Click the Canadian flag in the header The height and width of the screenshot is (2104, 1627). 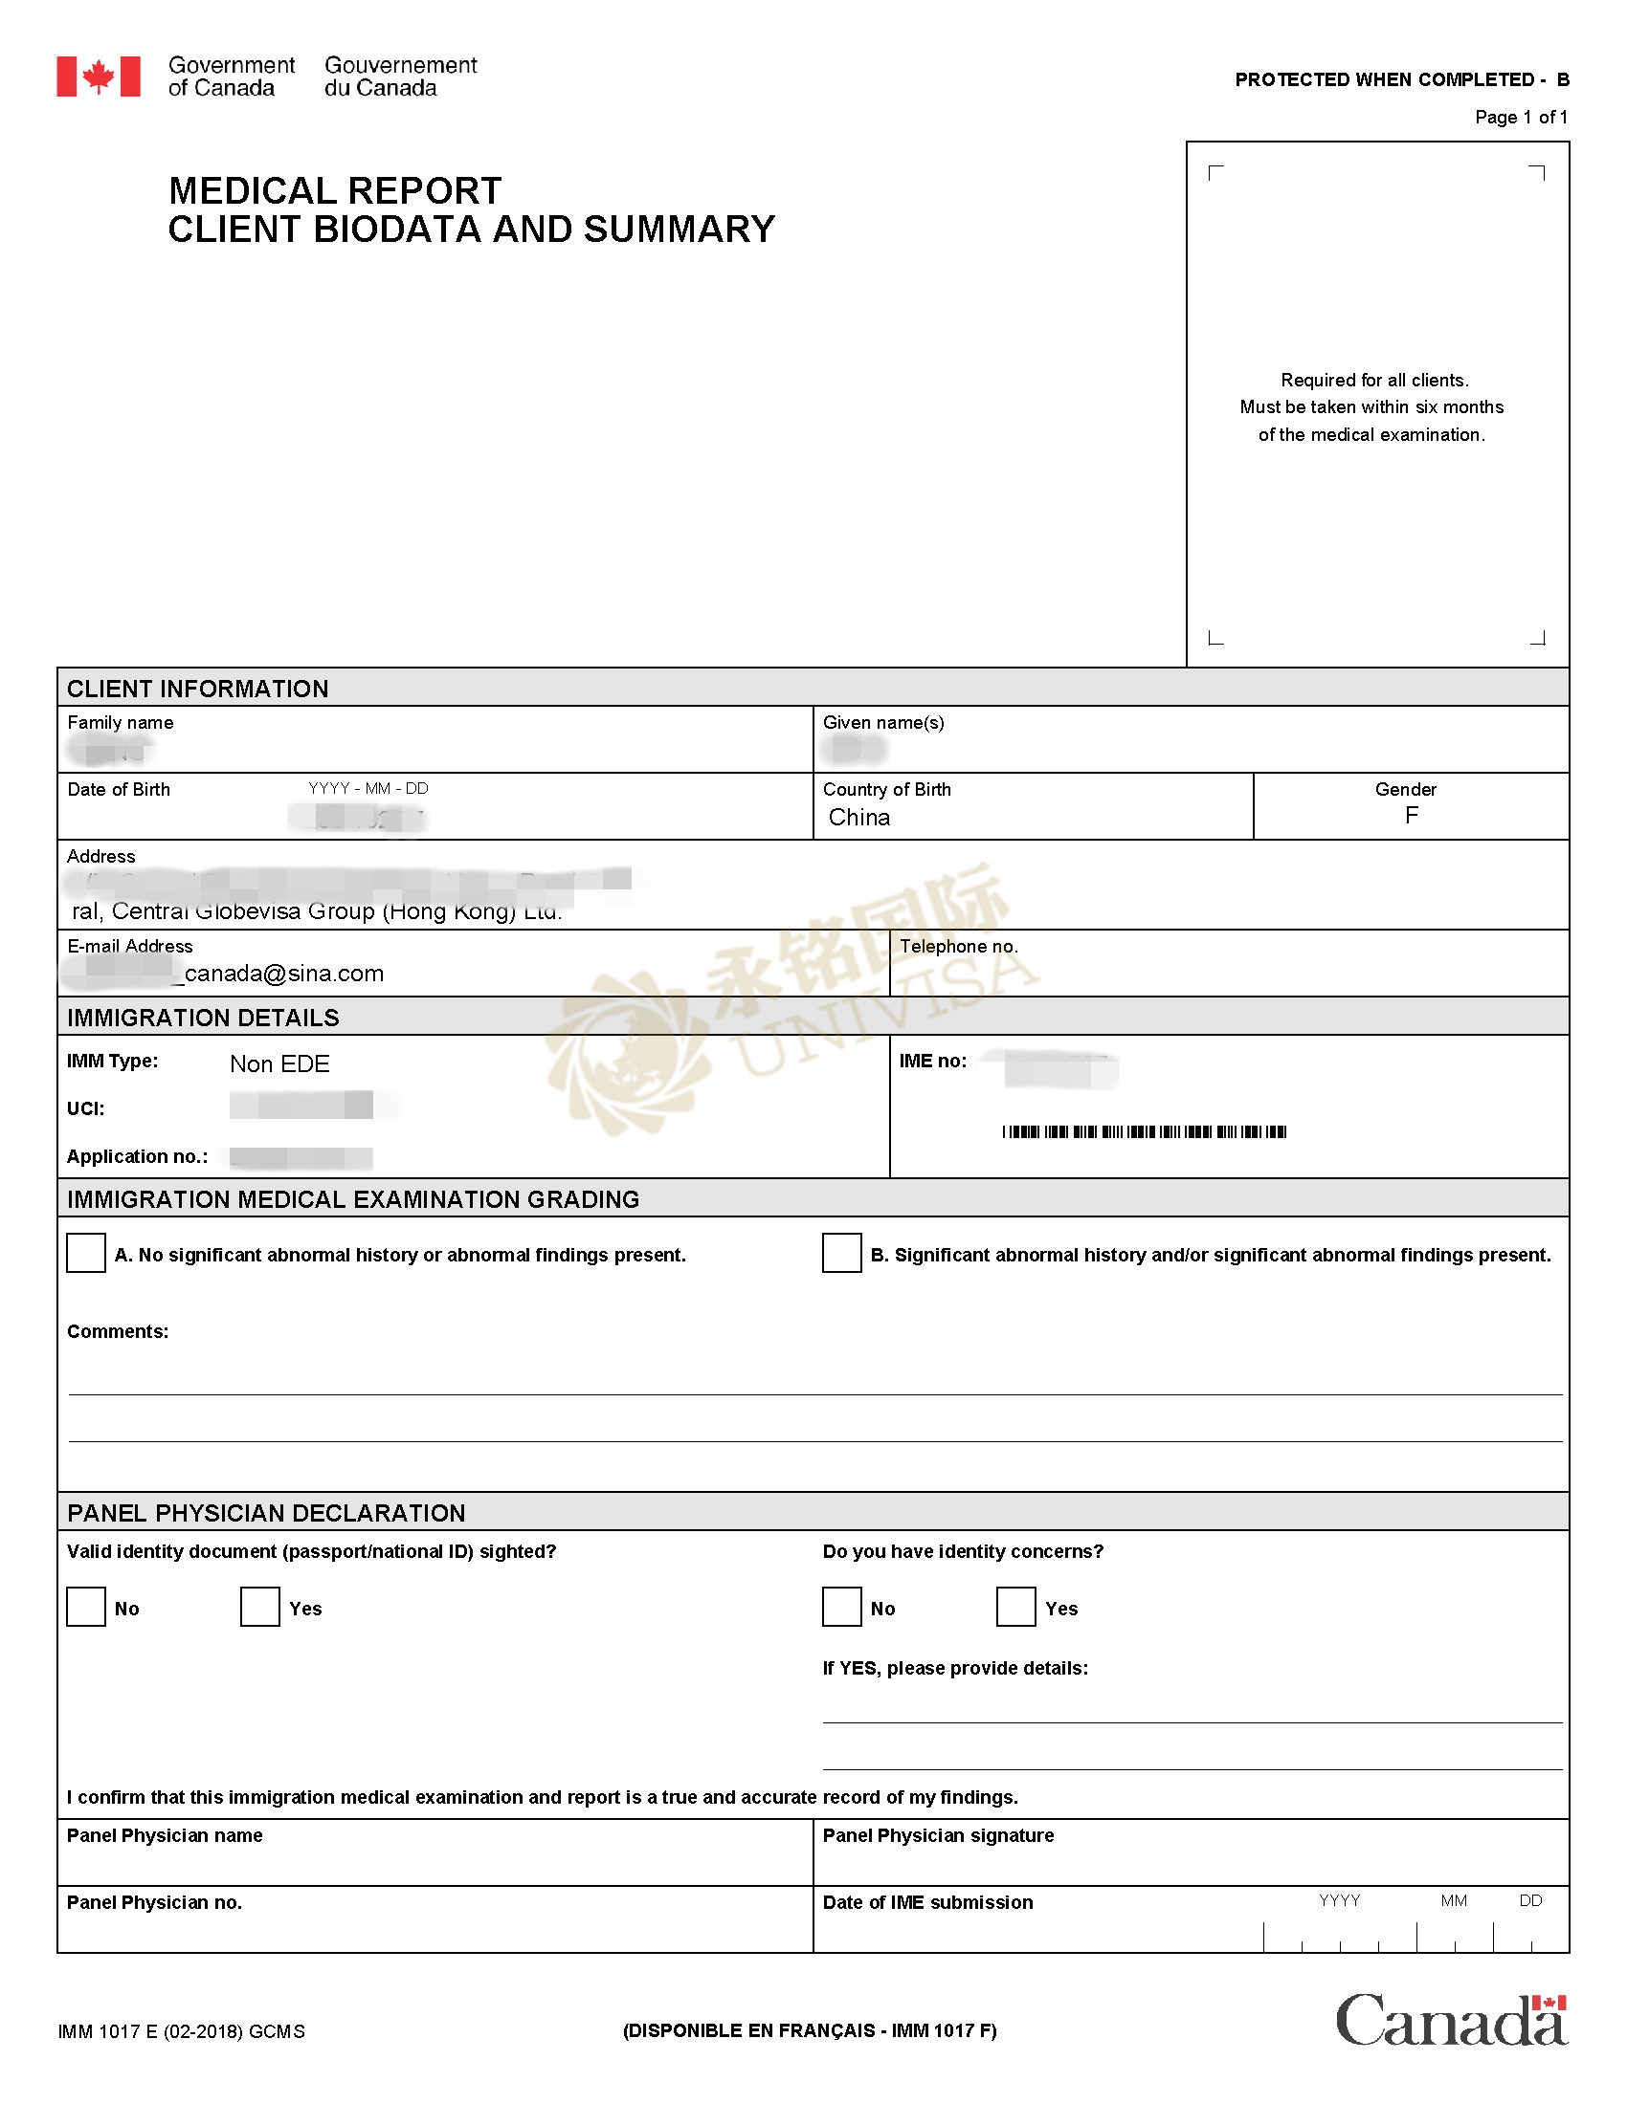pyautogui.click(x=99, y=77)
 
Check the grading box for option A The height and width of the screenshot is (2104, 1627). pyautogui.click(x=86, y=1253)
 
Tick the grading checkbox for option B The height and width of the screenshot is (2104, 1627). pyautogui.click(x=841, y=1253)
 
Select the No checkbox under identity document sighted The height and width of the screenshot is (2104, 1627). pyautogui.click(x=86, y=1607)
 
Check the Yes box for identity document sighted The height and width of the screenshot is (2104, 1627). pyautogui.click(x=259, y=1607)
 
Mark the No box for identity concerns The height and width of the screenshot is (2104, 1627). pyautogui.click(x=841, y=1607)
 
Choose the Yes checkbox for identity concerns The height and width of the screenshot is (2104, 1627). pyautogui.click(x=1014, y=1607)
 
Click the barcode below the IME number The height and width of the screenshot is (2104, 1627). pyautogui.click(x=1143, y=1131)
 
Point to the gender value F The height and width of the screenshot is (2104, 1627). pyautogui.click(x=1411, y=816)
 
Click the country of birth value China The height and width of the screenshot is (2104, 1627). pyautogui.click(x=858, y=817)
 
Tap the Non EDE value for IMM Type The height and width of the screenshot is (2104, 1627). pyautogui.click(x=279, y=1063)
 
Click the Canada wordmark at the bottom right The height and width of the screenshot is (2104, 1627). pyautogui.click(x=1451, y=2019)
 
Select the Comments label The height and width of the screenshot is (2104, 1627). pyautogui.click(x=118, y=1331)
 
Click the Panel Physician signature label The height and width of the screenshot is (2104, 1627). pyautogui.click(x=938, y=1835)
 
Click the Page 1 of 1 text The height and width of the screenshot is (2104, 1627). pyautogui.click(x=1521, y=118)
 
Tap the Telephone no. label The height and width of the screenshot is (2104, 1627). pyautogui.click(x=958, y=946)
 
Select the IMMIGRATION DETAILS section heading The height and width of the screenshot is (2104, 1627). pyautogui.click(x=202, y=1018)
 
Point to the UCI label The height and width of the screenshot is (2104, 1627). pyautogui.click(x=86, y=1108)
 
